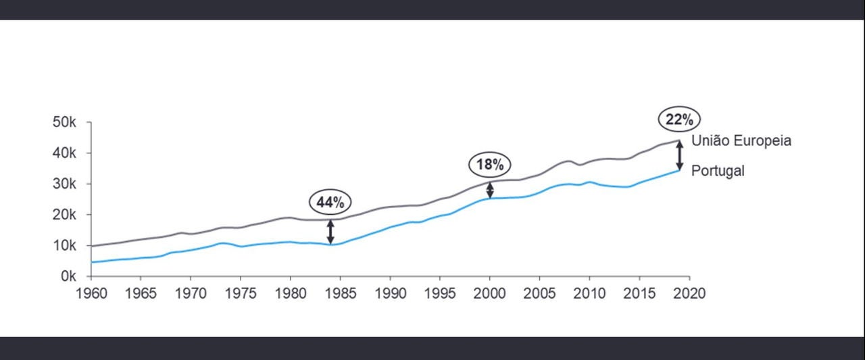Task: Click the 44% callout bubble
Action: (x=330, y=202)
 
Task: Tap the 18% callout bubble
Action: (x=490, y=164)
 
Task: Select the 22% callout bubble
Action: (x=679, y=120)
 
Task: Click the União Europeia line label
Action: (x=741, y=141)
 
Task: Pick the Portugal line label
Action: (x=718, y=171)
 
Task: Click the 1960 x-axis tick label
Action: (x=91, y=294)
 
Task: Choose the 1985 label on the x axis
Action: (x=340, y=294)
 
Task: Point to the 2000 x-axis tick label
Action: (x=490, y=294)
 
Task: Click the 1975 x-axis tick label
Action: (x=240, y=294)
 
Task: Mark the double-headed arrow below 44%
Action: (x=330, y=231)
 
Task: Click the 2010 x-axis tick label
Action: (x=589, y=294)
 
